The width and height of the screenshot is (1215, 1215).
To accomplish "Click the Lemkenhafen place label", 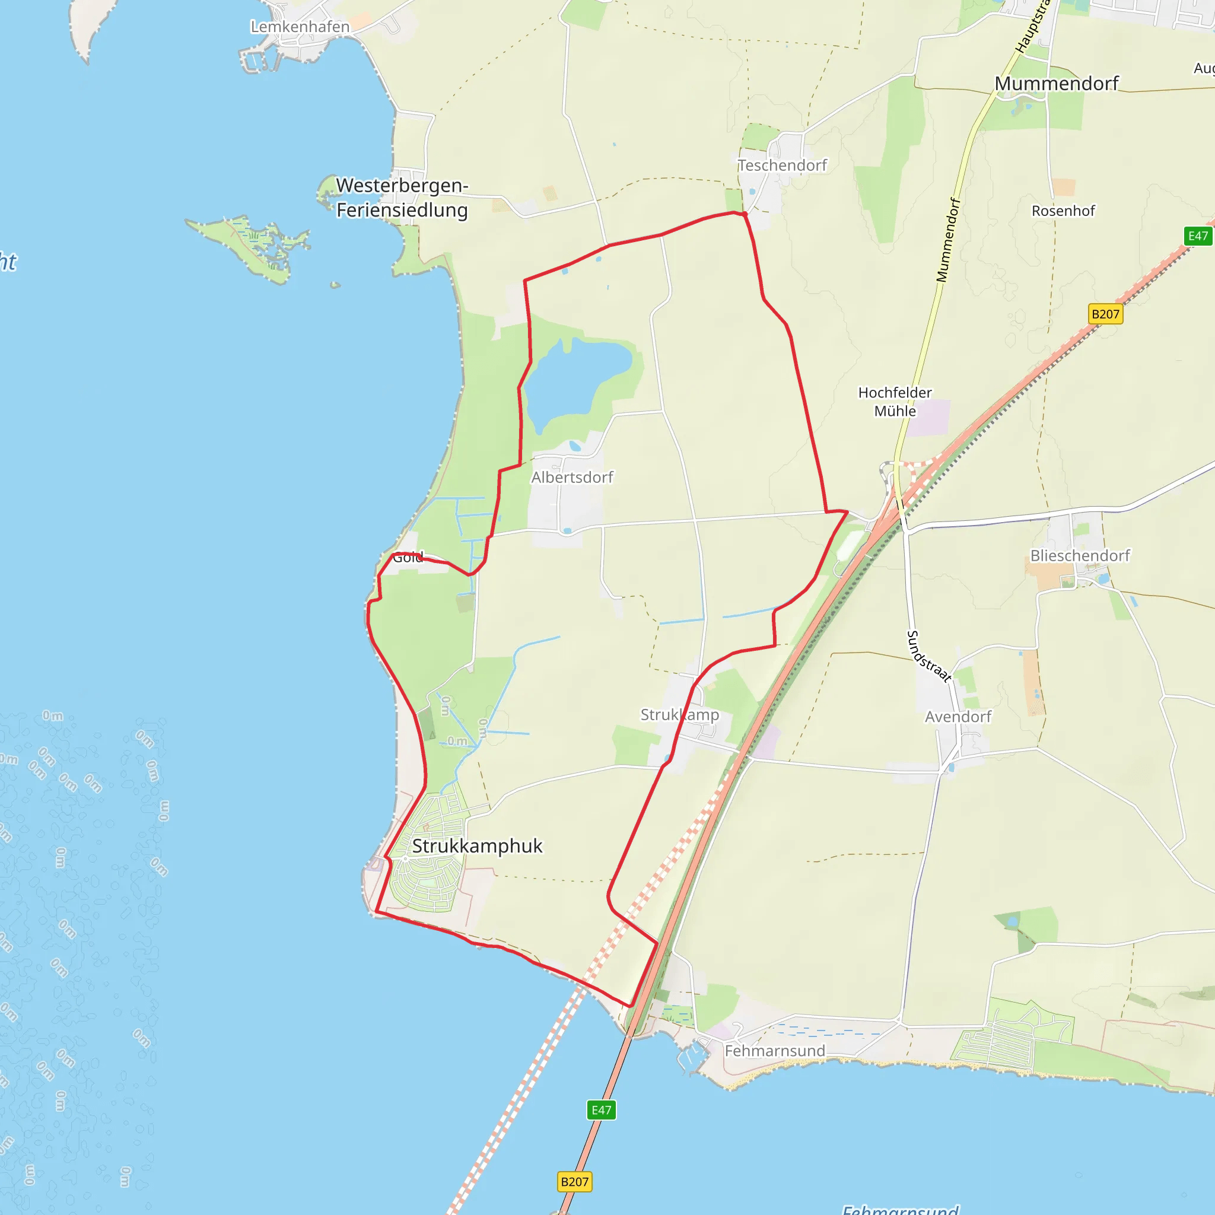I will tap(300, 27).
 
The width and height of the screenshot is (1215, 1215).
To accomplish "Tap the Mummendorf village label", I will tap(1057, 84).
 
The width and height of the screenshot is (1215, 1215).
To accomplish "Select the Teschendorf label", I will tap(782, 166).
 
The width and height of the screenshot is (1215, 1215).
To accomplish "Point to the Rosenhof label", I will tap(1063, 211).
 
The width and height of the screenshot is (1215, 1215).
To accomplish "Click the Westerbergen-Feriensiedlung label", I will tap(402, 198).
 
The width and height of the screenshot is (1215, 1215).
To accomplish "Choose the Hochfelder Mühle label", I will tap(894, 401).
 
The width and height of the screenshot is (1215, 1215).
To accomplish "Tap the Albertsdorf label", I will tap(572, 478).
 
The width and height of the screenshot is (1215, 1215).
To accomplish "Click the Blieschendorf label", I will tap(1080, 555).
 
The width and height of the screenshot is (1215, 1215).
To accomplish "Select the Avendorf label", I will tap(958, 716).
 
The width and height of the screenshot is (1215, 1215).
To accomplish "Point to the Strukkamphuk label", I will tap(477, 846).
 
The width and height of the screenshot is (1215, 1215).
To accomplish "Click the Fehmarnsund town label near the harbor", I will tap(775, 1051).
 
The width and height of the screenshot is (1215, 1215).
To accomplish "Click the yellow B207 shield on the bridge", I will tap(574, 1182).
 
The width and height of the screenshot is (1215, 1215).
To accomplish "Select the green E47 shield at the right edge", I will tap(1197, 236).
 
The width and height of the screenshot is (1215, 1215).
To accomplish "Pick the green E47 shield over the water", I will tap(601, 1110).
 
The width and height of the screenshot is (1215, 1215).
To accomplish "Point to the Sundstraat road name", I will tap(928, 656).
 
